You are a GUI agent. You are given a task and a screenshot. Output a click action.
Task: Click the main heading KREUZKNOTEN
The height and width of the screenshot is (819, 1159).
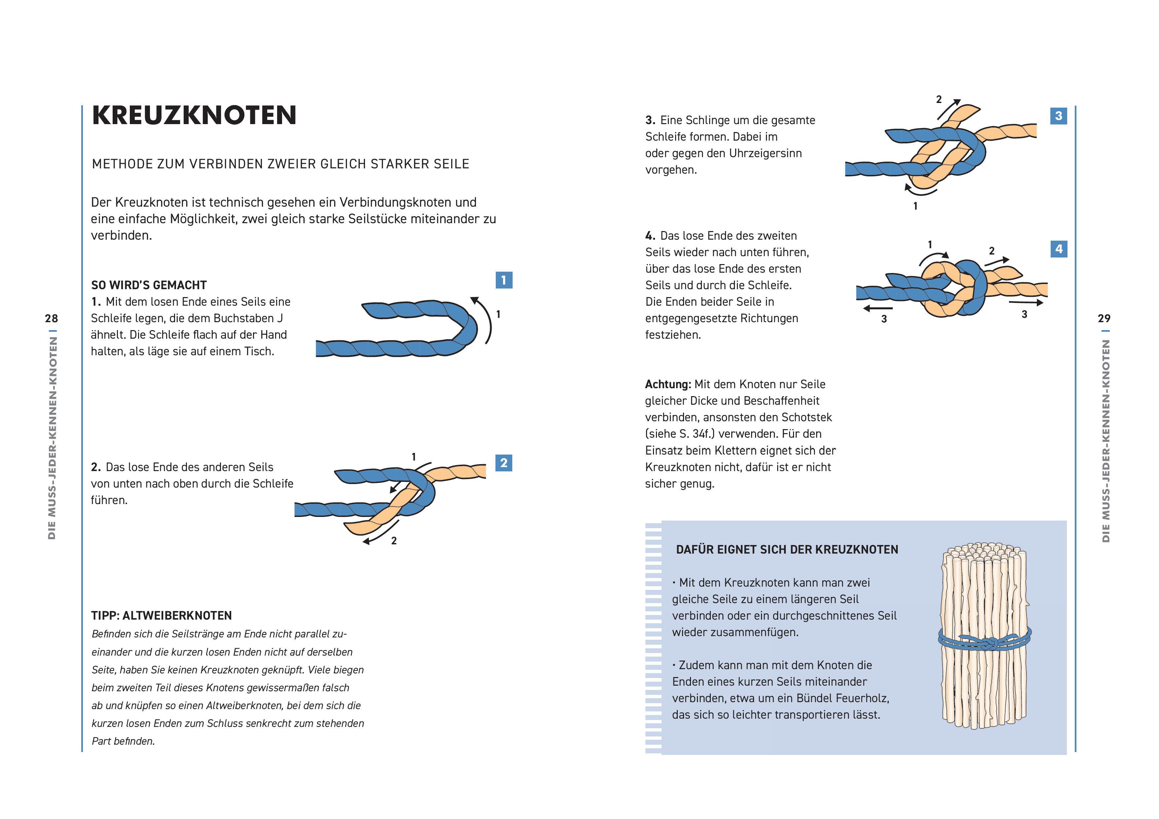(194, 115)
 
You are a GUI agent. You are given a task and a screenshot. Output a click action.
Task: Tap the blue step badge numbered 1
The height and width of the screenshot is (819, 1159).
(504, 280)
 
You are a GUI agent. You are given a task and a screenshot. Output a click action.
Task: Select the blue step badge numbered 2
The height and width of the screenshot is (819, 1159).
(504, 463)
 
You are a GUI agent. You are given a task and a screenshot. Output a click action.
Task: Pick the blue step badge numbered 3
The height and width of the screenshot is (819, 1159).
(1059, 116)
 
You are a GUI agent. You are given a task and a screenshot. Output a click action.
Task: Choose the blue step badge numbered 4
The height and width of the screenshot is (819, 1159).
(1059, 249)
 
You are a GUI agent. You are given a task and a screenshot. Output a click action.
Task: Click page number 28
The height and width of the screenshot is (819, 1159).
(52, 319)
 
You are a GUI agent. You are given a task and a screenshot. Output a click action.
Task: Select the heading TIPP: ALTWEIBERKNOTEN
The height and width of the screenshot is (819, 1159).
(162, 616)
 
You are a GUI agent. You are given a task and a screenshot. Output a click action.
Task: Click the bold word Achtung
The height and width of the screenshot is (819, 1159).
(667, 385)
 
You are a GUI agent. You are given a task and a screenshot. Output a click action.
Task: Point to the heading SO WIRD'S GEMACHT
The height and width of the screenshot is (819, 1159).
(149, 285)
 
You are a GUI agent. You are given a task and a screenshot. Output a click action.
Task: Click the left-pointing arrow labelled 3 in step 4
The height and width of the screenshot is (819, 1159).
(877, 308)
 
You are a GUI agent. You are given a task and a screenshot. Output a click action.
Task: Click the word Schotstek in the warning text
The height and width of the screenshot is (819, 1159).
(807, 417)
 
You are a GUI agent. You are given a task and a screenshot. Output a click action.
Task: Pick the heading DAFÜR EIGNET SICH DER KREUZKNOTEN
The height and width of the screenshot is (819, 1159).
(787, 550)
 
